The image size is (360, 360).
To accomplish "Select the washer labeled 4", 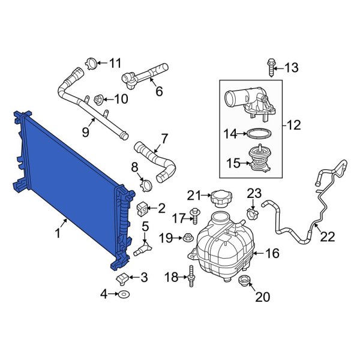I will coord(123,294).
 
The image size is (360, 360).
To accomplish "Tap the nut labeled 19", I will coord(187,238).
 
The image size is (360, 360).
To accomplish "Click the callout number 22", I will coord(326,237).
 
